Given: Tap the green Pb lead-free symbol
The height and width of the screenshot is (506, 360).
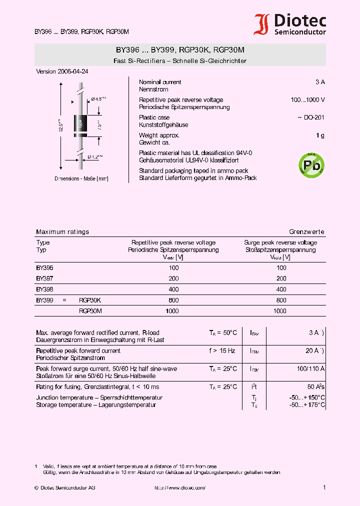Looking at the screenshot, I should point(311,164).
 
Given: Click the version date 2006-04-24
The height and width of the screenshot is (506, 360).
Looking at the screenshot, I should point(62,71).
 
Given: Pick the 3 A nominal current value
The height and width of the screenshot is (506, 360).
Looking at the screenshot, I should point(320,82).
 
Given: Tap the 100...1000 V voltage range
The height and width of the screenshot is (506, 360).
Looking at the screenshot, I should point(308,100).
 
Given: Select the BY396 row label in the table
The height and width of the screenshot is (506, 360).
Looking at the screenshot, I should point(44,268).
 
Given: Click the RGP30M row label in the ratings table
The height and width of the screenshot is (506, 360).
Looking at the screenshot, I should point(90,311).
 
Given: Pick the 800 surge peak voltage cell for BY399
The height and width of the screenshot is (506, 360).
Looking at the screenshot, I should point(281,300).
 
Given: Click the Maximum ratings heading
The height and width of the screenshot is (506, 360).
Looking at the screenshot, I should point(62,232).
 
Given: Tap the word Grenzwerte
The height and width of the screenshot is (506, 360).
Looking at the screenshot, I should point(306,232).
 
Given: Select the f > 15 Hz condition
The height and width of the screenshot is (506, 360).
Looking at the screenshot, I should point(222,351).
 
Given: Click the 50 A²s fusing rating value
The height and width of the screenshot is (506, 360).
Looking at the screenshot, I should point(315,387).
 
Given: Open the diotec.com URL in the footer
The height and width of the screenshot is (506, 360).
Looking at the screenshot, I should point(179,487).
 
